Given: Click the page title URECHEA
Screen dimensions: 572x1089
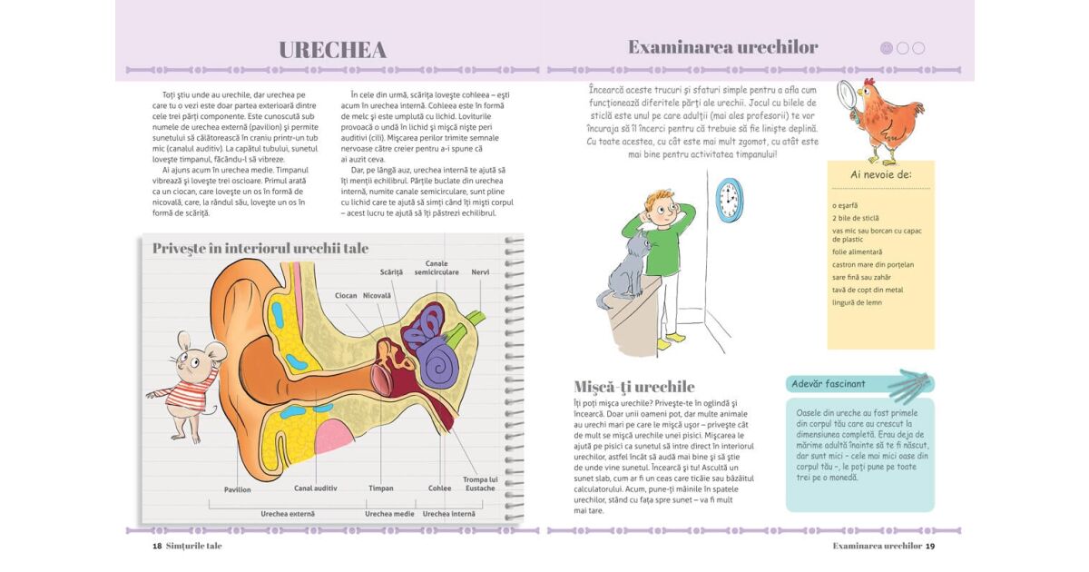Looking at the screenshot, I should (x=332, y=50).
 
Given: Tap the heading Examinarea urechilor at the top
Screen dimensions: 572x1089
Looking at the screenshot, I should (x=722, y=47).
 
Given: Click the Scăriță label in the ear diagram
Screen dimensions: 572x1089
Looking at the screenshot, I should (x=391, y=271).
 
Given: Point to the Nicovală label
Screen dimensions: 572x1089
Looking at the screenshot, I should (x=377, y=295).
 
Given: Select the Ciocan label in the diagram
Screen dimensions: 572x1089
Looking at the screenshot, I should (x=346, y=295).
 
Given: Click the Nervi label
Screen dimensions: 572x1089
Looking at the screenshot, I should (x=480, y=271).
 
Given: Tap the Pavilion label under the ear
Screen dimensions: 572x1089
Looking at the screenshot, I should (x=238, y=489).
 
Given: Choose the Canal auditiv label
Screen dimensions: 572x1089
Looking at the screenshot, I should (x=316, y=488).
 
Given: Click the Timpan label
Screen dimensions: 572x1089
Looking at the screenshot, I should (x=381, y=488).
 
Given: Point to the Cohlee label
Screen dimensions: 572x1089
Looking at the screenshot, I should (x=439, y=488).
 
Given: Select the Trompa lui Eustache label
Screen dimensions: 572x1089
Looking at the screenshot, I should (x=479, y=483).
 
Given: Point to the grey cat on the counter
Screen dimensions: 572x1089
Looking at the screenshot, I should (x=626, y=272).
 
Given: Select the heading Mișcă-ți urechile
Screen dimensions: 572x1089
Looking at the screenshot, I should (x=634, y=387).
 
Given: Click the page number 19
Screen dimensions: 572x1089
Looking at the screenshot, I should (x=930, y=546).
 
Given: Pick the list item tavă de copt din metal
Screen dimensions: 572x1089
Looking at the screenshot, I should (x=868, y=290).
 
